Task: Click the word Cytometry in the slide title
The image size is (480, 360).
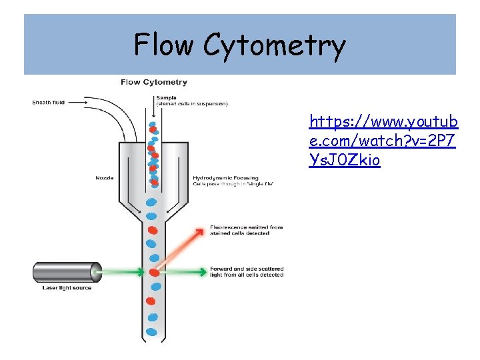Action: tap(275, 45)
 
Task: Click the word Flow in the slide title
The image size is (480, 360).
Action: tap(165, 45)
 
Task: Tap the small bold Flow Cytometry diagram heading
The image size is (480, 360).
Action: tap(154, 83)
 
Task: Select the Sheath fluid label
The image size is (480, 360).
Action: tap(49, 103)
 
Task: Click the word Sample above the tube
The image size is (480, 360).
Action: tap(167, 98)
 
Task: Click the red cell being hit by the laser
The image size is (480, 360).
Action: tap(154, 272)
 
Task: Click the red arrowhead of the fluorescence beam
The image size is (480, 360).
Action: tap(201, 231)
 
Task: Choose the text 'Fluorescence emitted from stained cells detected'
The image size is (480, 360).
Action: tap(246, 230)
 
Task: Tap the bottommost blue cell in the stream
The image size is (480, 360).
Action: tap(153, 331)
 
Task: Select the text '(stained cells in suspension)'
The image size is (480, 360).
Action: tap(191, 104)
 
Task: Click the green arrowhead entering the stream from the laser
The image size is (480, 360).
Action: tap(139, 272)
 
